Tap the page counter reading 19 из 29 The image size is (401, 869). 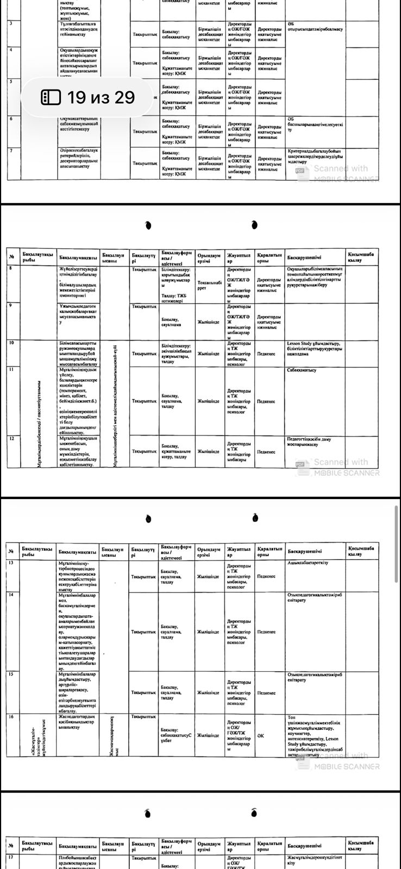[101, 97]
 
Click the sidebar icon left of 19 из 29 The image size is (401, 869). [51, 97]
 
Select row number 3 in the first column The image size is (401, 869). [11, 23]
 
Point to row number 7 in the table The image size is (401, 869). [11, 150]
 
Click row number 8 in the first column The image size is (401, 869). [11, 268]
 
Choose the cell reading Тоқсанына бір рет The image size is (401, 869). [209, 286]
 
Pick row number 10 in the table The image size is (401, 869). [11, 343]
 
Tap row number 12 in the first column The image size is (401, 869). [11, 438]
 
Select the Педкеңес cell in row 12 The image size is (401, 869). [266, 451]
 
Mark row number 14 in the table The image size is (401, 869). [11, 595]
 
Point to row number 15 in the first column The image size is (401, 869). [11, 673]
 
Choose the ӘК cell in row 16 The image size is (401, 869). [261, 735]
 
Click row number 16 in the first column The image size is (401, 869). [11, 716]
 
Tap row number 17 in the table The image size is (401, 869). [11, 857]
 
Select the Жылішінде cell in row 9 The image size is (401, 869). [208, 322]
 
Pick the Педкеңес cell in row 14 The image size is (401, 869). [266, 632]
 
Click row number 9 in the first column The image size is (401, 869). [11, 305]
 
